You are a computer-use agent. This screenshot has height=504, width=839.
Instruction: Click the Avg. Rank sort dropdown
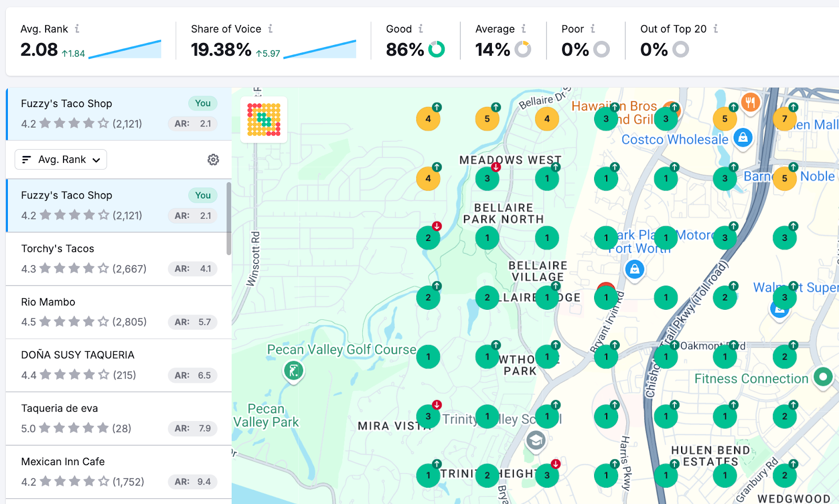coord(61,160)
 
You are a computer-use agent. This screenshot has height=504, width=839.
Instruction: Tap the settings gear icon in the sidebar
coord(213,160)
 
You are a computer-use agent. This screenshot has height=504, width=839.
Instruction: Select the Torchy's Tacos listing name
coord(58,249)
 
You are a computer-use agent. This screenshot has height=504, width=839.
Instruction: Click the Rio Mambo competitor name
coord(48,302)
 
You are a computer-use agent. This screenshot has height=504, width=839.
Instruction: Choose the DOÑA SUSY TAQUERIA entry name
coord(78,355)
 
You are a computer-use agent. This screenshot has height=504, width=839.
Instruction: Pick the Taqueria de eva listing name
coord(59,408)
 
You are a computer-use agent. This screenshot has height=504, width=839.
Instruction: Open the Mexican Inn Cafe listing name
coord(63,461)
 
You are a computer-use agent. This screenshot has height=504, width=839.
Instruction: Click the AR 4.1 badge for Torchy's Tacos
coord(192,269)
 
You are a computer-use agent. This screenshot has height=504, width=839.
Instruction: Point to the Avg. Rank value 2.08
coord(39,50)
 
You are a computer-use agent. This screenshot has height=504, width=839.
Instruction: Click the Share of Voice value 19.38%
coord(221,50)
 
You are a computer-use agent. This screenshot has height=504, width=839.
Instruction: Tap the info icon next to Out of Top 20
coord(716,29)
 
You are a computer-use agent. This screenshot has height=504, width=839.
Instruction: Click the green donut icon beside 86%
coord(436,49)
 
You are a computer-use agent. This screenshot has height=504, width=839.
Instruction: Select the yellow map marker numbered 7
coord(784,119)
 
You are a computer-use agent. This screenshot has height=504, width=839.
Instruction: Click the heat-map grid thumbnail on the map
coord(264,120)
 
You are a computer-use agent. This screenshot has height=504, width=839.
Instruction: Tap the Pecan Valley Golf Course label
coord(341,350)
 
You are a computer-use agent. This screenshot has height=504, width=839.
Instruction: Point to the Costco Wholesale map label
coord(675,140)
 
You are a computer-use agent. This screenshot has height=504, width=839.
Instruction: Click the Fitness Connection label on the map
coord(751,379)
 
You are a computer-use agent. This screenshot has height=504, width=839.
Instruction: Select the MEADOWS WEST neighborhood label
coord(510,160)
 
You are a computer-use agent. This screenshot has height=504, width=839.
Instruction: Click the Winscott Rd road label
coord(253,259)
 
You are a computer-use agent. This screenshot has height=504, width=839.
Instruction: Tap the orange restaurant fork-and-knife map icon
coord(750,102)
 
